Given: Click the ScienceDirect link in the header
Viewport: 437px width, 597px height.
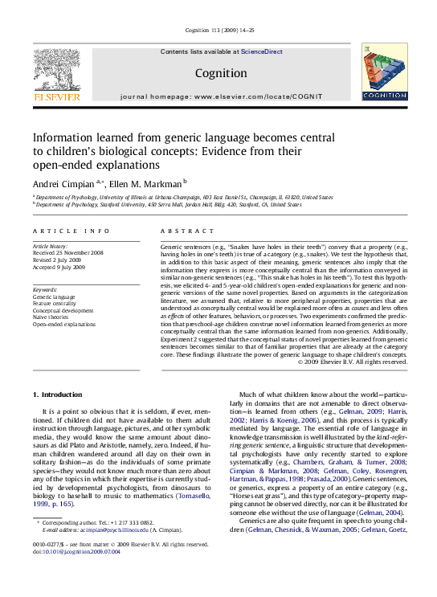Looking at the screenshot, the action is (262, 51).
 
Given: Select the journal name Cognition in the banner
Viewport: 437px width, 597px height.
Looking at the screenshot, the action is (220, 73).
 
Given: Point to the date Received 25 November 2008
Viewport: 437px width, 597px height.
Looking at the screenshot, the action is (68, 252).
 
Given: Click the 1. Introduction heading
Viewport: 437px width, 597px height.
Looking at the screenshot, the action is (57, 395).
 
